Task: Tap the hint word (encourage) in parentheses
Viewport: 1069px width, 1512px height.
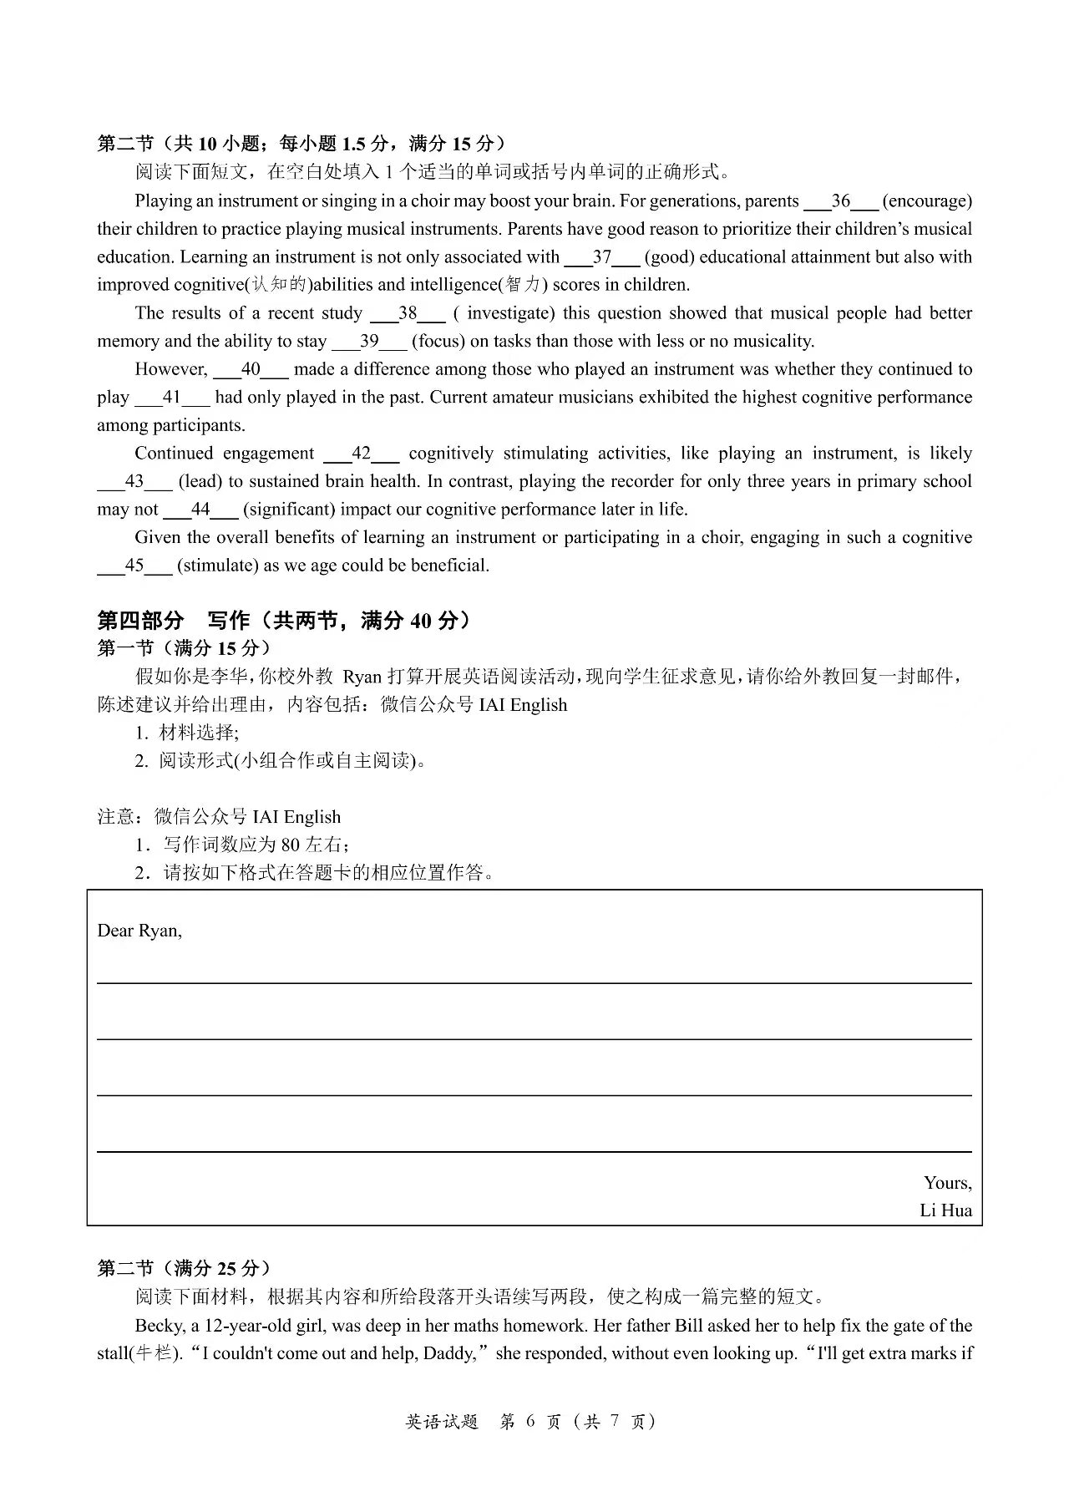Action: coord(927,201)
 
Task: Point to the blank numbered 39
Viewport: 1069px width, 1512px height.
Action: coord(369,342)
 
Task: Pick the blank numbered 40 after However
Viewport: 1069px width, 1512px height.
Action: coord(251,369)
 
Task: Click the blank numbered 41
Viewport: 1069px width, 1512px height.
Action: coord(172,398)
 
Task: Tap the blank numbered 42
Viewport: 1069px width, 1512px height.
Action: coord(361,454)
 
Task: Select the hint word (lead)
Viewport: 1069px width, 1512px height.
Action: coord(200,482)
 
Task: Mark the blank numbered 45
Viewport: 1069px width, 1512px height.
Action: coord(134,566)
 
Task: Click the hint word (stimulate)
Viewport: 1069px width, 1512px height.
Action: coord(218,566)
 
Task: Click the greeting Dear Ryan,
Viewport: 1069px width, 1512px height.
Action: coord(139,931)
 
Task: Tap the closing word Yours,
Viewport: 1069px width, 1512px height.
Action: coord(947,1183)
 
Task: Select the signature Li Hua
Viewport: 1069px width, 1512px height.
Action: coord(945,1210)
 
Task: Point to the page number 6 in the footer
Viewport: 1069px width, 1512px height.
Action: coord(529,1421)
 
